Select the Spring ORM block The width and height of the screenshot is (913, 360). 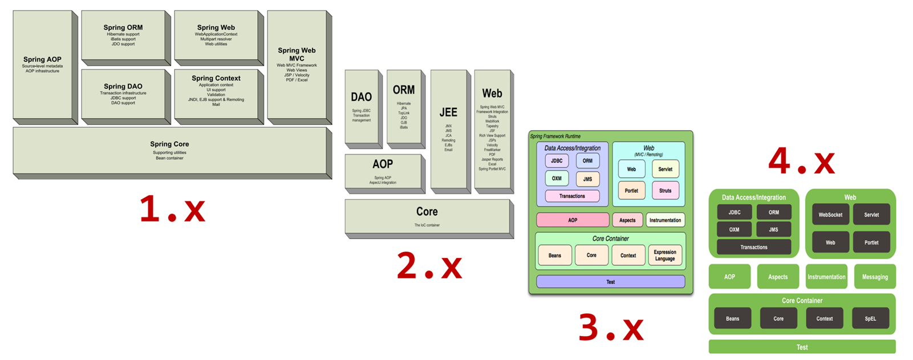123,35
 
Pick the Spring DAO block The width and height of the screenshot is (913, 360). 123,94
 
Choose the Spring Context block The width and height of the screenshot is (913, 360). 216,91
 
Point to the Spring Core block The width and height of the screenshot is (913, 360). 169,151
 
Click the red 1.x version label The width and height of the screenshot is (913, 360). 172,209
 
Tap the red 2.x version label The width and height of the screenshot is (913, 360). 429,266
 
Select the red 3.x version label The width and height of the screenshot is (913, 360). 611,328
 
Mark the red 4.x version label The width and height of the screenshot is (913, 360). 801,161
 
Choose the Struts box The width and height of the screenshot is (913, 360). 665,191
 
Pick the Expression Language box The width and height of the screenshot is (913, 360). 665,255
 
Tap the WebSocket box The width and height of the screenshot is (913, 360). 830,215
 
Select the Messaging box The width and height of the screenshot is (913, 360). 875,277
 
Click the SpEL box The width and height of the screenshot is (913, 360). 870,318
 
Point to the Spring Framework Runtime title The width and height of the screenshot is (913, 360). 555,136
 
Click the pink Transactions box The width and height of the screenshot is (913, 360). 572,196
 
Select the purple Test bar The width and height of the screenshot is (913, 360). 610,282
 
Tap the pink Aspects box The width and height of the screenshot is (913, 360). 627,220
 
